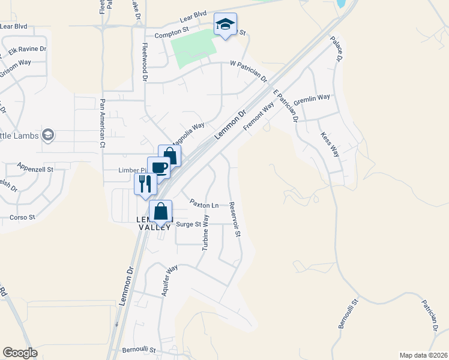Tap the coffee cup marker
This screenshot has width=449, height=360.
click(158, 168)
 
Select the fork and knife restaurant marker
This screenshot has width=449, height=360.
click(145, 184)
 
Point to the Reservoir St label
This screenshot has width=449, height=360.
click(235, 218)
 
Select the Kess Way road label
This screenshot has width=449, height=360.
click(330, 144)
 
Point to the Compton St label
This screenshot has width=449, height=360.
click(172, 36)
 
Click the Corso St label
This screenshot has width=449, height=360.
click(22, 217)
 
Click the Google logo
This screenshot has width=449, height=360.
click(20, 353)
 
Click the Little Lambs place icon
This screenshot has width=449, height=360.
click(49, 136)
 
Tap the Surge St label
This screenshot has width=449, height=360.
click(188, 224)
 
